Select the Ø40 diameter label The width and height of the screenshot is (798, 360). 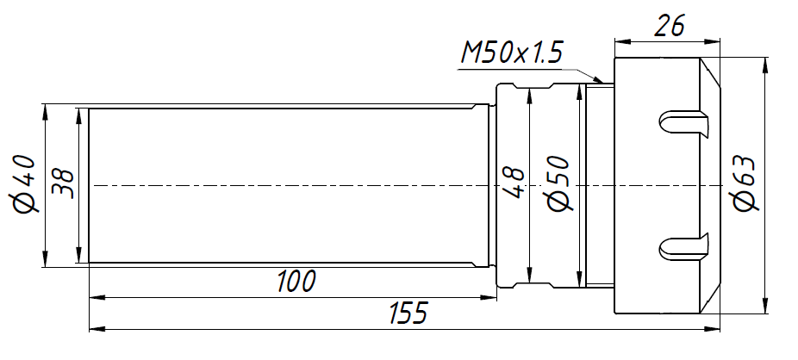[x=23, y=183]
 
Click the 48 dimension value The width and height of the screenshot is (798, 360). [x=514, y=183]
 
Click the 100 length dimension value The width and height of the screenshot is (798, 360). [x=296, y=282]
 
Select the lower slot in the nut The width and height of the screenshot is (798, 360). [x=685, y=248]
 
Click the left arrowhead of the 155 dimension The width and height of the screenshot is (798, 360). [x=96, y=328]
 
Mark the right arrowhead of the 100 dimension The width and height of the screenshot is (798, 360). [x=491, y=298]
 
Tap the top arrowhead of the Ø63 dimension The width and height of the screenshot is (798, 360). [x=764, y=65]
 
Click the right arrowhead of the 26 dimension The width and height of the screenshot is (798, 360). [x=718, y=40]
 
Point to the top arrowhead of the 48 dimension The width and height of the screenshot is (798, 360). [x=529, y=92]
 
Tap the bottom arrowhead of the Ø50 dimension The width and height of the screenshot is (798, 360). [x=575, y=281]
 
